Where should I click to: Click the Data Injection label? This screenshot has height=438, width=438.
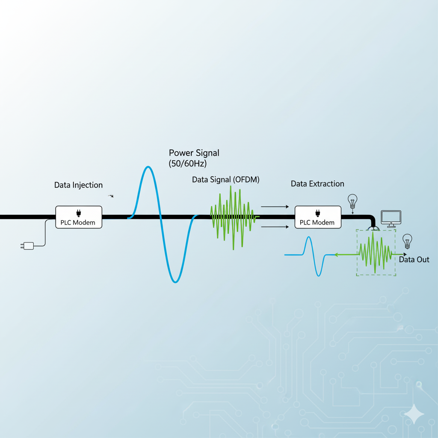[78, 185]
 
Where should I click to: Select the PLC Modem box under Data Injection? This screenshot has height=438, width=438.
[79, 217]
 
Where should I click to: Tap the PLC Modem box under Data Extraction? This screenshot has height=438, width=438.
[318, 217]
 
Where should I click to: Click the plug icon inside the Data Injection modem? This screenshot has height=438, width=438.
[78, 213]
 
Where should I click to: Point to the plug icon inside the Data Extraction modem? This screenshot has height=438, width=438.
[317, 213]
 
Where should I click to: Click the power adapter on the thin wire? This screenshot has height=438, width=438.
[27, 246]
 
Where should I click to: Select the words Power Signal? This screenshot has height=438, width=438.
[194, 153]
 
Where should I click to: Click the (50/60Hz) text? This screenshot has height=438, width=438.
[188, 163]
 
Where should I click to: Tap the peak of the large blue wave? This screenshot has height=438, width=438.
[148, 167]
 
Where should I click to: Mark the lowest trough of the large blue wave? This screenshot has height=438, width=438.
[175, 282]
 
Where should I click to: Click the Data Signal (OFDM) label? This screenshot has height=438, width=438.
[225, 180]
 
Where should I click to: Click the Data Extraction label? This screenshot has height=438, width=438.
[317, 184]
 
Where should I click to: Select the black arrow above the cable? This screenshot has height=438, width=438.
[275, 207]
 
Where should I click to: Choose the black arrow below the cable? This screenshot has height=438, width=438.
[275, 227]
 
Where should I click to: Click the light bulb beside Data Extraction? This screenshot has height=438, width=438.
[352, 201]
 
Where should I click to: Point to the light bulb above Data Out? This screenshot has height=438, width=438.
[407, 241]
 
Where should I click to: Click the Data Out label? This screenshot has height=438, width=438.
[414, 260]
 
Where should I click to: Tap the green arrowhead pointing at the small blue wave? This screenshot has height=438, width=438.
[337, 255]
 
